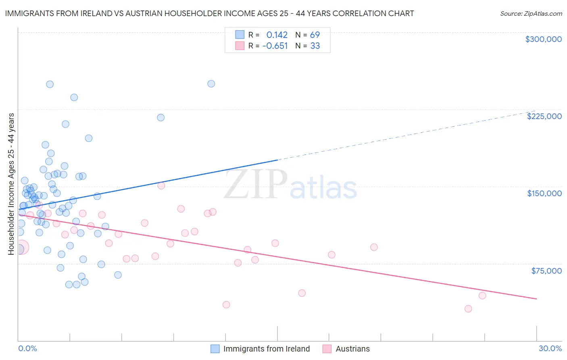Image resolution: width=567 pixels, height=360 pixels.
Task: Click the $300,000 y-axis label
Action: point(543,39)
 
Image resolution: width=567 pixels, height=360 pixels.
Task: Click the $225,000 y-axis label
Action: point(544,116)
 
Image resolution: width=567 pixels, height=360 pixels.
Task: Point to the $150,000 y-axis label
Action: point(544,193)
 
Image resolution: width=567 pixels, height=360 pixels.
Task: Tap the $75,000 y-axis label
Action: point(546,271)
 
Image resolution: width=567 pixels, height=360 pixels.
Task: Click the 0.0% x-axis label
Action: point(27,349)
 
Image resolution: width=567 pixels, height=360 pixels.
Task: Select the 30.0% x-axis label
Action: point(550,349)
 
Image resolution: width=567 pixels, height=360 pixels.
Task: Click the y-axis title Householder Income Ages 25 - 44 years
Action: point(11,184)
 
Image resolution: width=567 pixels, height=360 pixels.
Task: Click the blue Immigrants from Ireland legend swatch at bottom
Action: point(215,349)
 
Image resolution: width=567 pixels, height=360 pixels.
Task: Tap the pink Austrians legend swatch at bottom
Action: point(327,349)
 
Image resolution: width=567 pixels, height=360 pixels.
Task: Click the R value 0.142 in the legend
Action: point(277,35)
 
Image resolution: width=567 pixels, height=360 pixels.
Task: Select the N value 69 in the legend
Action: point(315,35)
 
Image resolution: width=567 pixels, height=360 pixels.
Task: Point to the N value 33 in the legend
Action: point(315,46)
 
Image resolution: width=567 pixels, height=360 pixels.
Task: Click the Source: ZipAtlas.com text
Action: point(531,14)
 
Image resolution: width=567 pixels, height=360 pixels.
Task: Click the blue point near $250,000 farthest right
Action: point(211,84)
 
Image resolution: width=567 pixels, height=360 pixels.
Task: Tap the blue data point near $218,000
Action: point(161,117)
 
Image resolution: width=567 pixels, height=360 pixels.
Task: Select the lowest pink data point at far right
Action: point(468,309)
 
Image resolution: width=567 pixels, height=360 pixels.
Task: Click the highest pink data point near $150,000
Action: point(161,186)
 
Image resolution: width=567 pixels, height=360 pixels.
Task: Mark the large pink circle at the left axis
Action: point(21,247)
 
